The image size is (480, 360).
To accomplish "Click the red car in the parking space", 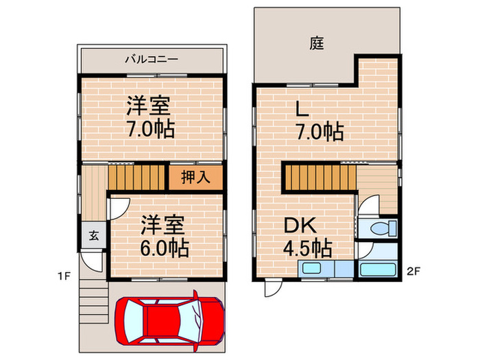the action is click(170, 321).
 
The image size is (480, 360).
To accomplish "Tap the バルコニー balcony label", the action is click(152, 59).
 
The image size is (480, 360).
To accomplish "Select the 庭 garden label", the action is click(317, 43).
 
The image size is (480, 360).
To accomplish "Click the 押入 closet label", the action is click(195, 177).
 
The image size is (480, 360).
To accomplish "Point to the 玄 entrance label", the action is click(94, 235).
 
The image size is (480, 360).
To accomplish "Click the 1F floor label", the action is click(64, 276).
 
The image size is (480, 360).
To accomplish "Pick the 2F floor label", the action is click(413, 272).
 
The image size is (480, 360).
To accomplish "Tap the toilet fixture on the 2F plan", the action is click(383, 228).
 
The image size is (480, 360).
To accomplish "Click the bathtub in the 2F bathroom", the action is click(377, 269).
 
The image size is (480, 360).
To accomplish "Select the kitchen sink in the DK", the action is click(311, 269).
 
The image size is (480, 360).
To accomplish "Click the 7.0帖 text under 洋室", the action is click(150, 129).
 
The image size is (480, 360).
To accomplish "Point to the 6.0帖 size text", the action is click(165, 248).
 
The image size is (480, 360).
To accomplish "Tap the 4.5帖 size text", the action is click(308, 248).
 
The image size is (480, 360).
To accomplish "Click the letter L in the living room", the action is click(302, 108).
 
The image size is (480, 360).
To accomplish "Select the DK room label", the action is click(300, 225).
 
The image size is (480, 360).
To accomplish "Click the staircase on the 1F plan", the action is click(136, 177).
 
